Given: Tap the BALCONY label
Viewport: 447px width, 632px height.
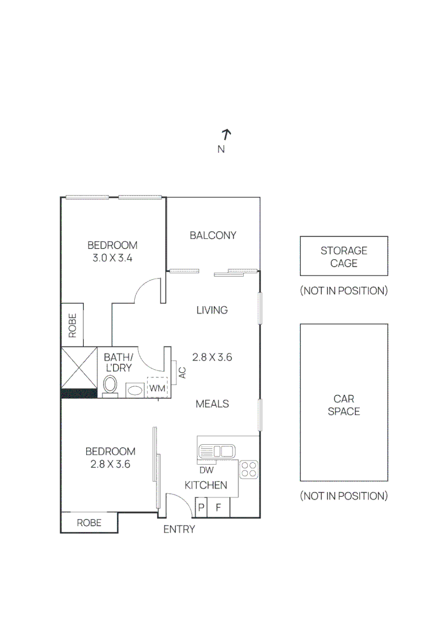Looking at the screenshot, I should [213, 235].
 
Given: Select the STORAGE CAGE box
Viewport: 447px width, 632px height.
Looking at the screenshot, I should [344, 256].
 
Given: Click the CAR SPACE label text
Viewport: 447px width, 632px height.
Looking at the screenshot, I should [344, 405].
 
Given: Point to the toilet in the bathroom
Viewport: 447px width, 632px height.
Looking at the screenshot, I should [110, 385].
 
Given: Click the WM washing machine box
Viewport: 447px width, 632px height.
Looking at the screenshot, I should [156, 388].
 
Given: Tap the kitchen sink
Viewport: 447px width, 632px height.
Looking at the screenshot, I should [217, 451].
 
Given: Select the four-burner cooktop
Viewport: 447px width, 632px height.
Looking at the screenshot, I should [249, 470].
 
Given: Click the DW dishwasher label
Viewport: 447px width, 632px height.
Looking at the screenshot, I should [206, 470].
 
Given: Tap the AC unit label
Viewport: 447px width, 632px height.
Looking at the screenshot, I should [182, 372].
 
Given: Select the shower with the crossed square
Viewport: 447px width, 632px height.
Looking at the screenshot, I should [79, 367].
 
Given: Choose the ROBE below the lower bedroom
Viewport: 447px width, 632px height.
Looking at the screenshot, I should [89, 523].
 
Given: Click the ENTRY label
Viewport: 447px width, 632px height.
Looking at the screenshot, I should [179, 530].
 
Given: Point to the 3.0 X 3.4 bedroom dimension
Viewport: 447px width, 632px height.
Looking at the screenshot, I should [112, 257].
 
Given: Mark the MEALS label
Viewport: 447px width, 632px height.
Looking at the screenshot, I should [212, 404].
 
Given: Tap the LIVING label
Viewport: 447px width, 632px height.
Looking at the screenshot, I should [212, 310].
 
